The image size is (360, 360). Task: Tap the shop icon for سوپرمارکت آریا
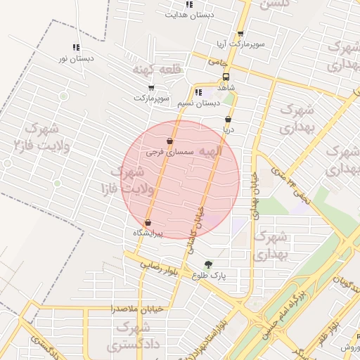point(240,34)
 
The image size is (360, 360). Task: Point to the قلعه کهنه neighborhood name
point(157,70)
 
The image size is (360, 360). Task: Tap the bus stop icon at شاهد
point(226,77)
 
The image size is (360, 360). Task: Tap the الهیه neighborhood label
point(210,151)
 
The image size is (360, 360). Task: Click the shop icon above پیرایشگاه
point(147,223)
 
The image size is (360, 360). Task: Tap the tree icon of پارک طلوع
point(207,264)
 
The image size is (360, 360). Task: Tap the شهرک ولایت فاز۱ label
point(123,180)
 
